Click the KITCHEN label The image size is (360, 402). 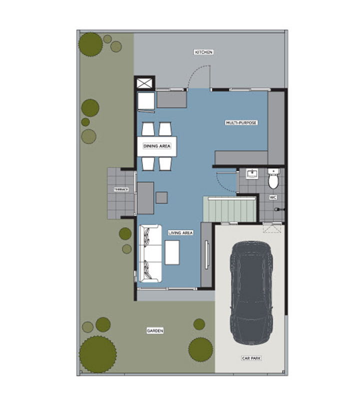point(203,52)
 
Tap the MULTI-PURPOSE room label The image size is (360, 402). point(241,123)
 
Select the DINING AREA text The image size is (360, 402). point(157,146)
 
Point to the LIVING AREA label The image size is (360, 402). point(180,233)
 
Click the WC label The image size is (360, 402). point(273,197)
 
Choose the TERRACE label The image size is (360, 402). point(121,189)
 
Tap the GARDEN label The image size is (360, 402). point(155,331)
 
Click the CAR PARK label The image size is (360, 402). point(251,358)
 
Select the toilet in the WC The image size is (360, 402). point(273,178)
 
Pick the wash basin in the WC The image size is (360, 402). point(252,174)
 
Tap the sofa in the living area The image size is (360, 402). point(150,253)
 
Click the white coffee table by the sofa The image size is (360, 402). point(172,252)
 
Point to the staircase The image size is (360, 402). point(230,209)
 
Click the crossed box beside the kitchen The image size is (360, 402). point(144,83)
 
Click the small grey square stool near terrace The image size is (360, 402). point(161,198)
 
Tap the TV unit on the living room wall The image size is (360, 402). point(206,255)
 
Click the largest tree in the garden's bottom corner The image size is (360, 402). point(97,355)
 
